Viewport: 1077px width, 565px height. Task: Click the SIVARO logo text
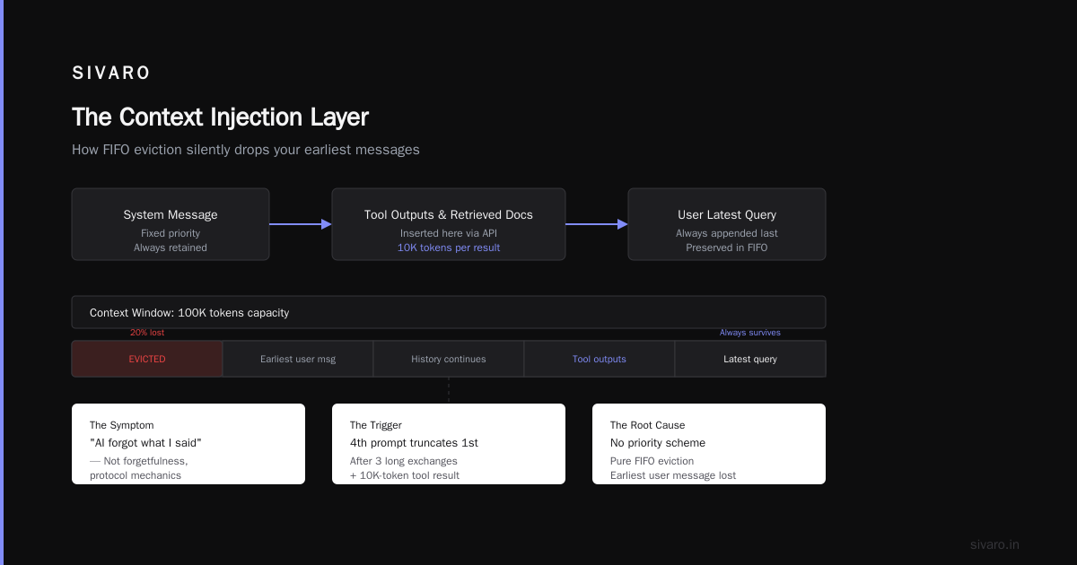110,73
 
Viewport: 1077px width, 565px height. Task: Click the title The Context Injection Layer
220,117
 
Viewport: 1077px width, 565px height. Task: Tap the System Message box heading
171,214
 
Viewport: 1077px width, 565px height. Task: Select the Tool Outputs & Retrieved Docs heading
448,214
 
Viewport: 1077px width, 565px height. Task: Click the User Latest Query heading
726,214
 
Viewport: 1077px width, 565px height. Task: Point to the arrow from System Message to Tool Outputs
301,224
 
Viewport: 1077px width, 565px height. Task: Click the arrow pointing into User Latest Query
597,224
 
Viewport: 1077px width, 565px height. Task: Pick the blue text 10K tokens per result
449,248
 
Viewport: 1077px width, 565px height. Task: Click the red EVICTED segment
147,359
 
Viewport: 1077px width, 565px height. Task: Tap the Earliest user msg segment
298,359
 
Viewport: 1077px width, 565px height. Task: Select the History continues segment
449,359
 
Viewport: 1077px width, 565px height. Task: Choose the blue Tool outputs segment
600,359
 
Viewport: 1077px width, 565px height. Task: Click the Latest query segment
750,359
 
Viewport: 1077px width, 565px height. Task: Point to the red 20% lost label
147,333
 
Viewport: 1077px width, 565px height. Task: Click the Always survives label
749,333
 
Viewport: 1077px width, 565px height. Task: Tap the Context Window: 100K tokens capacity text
189,313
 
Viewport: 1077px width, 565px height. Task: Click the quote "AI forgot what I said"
145,443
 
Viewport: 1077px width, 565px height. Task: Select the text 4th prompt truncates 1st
414,443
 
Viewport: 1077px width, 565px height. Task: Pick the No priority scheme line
658,443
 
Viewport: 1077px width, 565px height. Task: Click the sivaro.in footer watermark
994,544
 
